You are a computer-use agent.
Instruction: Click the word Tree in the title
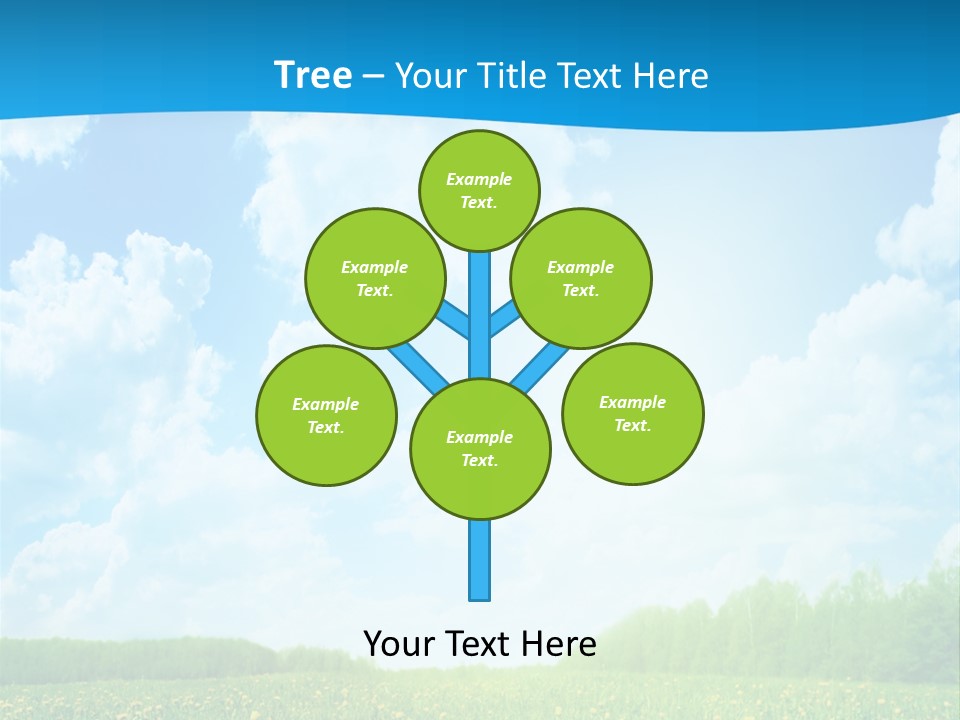pyautogui.click(x=313, y=75)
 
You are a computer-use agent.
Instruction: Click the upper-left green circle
pyautogui.click(x=374, y=278)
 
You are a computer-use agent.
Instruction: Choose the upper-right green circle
pyautogui.click(x=581, y=278)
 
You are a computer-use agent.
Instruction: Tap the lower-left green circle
pyautogui.click(x=326, y=415)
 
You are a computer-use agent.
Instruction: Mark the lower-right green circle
pyautogui.click(x=633, y=413)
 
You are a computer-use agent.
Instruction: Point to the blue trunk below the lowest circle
pyautogui.click(x=480, y=560)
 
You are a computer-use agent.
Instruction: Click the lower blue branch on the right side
pyautogui.click(x=537, y=368)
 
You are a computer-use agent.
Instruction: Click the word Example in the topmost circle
pyautogui.click(x=479, y=179)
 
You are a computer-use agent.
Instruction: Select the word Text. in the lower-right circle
pyautogui.click(x=632, y=425)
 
